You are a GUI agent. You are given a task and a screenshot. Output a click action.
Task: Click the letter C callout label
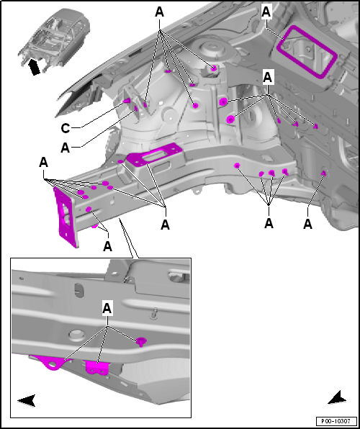[65, 128]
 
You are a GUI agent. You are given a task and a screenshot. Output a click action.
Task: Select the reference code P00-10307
[336, 421]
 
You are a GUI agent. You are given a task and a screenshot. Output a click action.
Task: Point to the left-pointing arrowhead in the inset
[27, 400]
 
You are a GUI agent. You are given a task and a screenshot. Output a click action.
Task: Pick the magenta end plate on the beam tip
[66, 216]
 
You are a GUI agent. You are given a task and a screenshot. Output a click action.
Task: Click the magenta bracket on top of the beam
[155, 155]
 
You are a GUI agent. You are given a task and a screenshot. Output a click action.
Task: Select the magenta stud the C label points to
[127, 101]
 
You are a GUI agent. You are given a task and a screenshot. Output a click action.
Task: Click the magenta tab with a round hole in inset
[52, 363]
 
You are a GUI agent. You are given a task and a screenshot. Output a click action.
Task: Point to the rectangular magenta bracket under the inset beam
[96, 367]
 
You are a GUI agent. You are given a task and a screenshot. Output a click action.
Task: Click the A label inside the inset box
[107, 308]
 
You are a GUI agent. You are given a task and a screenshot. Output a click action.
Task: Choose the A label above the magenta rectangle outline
[266, 12]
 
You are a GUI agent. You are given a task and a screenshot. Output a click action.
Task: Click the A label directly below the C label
[65, 148]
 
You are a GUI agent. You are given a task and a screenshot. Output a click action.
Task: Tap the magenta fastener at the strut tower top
[214, 68]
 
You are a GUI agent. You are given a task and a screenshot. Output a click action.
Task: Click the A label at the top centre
[159, 12]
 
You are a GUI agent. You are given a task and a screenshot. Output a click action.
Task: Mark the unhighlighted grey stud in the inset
[155, 313]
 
